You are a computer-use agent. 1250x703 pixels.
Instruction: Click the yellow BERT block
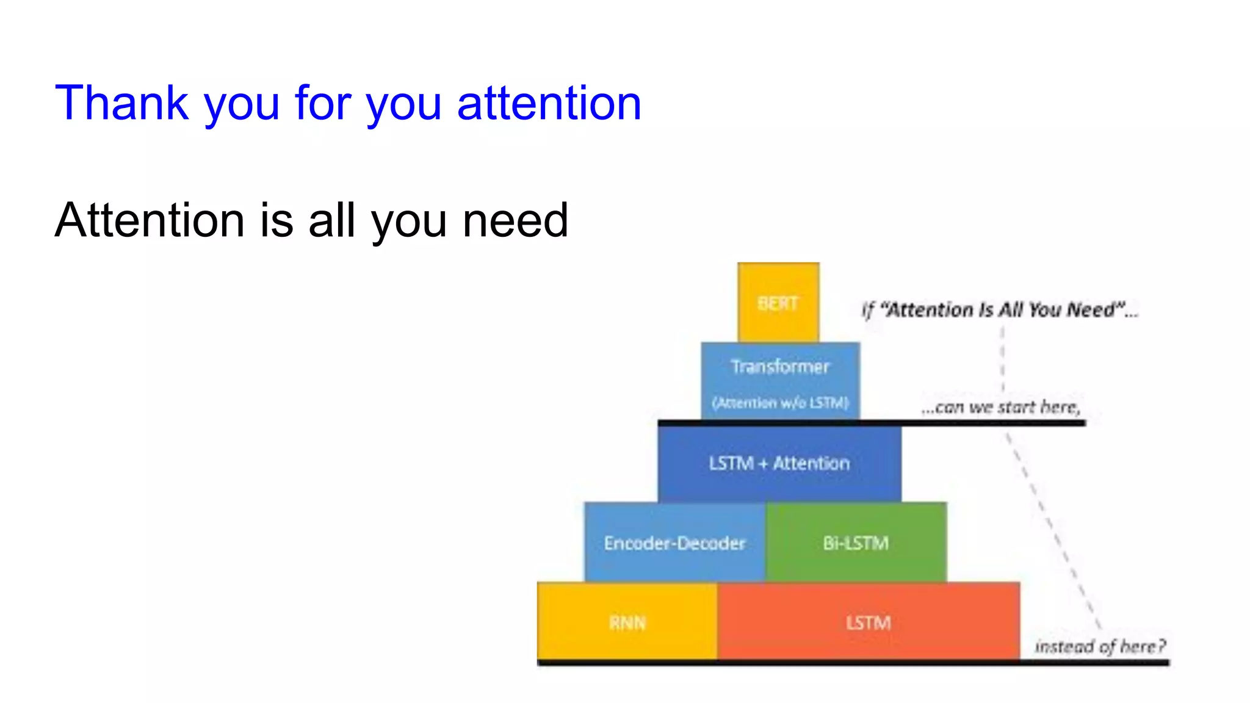778,303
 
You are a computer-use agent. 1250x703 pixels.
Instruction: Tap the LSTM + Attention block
779,464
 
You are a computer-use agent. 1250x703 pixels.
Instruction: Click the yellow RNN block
627,622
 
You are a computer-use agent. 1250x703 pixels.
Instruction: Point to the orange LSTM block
868,622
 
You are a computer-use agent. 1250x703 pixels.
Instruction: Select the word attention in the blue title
549,103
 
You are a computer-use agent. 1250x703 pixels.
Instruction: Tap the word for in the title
323,103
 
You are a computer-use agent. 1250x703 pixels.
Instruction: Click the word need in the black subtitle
515,220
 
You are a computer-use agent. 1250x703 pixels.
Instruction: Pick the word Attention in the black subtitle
150,220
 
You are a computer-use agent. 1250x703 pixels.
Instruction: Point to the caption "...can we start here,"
1001,407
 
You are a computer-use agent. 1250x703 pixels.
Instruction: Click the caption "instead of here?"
1100,646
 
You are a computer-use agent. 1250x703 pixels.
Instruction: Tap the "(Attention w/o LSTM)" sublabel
780,403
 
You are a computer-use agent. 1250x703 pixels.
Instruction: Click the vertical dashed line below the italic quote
1002,360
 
